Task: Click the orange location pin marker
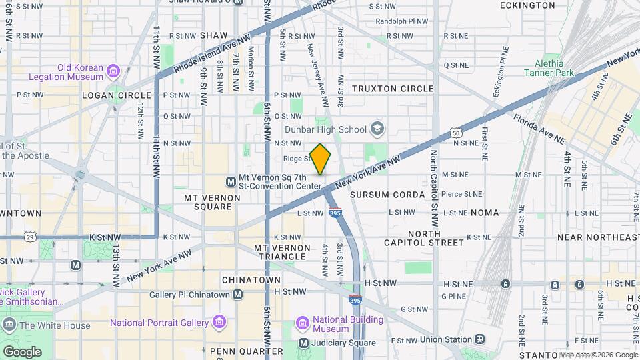tap(321, 159)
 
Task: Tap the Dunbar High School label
tap(325, 129)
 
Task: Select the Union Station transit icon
tap(479, 339)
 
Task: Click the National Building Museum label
tap(340, 324)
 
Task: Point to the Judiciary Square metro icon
tap(304, 343)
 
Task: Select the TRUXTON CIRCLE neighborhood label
tap(393, 89)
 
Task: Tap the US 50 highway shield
tap(456, 133)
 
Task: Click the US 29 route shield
tap(30, 237)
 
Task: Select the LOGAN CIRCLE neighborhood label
tap(107, 95)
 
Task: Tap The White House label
tap(55, 326)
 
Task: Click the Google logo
tap(22, 351)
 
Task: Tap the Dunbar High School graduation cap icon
tap(378, 128)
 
